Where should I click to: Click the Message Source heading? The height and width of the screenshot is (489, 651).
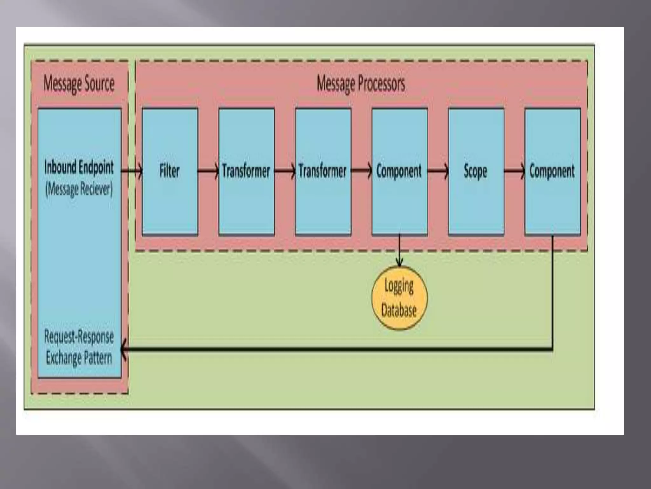coord(79,84)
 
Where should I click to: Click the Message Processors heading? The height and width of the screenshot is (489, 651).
coord(361,84)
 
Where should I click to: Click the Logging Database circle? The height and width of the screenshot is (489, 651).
coord(399,298)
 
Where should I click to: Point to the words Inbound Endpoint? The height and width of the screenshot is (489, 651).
coord(79,167)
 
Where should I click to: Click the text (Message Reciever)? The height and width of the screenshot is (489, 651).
coord(79,189)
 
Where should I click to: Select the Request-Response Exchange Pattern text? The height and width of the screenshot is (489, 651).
coord(79,347)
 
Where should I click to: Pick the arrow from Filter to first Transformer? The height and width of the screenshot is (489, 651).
coord(208,171)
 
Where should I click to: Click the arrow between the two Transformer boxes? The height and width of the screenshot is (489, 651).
coord(285,171)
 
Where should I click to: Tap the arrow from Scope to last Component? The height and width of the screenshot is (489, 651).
coord(514,171)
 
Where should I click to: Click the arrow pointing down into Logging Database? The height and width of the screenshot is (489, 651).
coord(399,252)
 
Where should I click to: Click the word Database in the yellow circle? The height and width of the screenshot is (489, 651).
coord(399,310)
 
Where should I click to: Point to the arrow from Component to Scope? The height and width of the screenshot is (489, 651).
coord(438,171)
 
